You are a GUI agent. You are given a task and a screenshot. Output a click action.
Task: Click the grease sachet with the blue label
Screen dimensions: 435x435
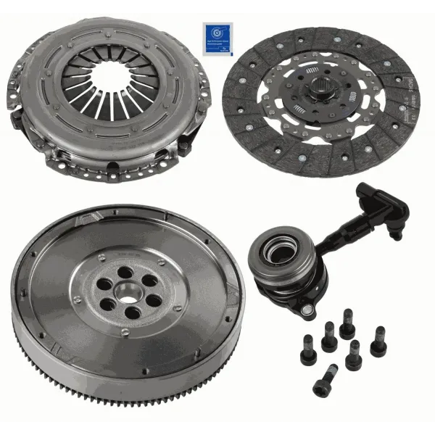point(217,37)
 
